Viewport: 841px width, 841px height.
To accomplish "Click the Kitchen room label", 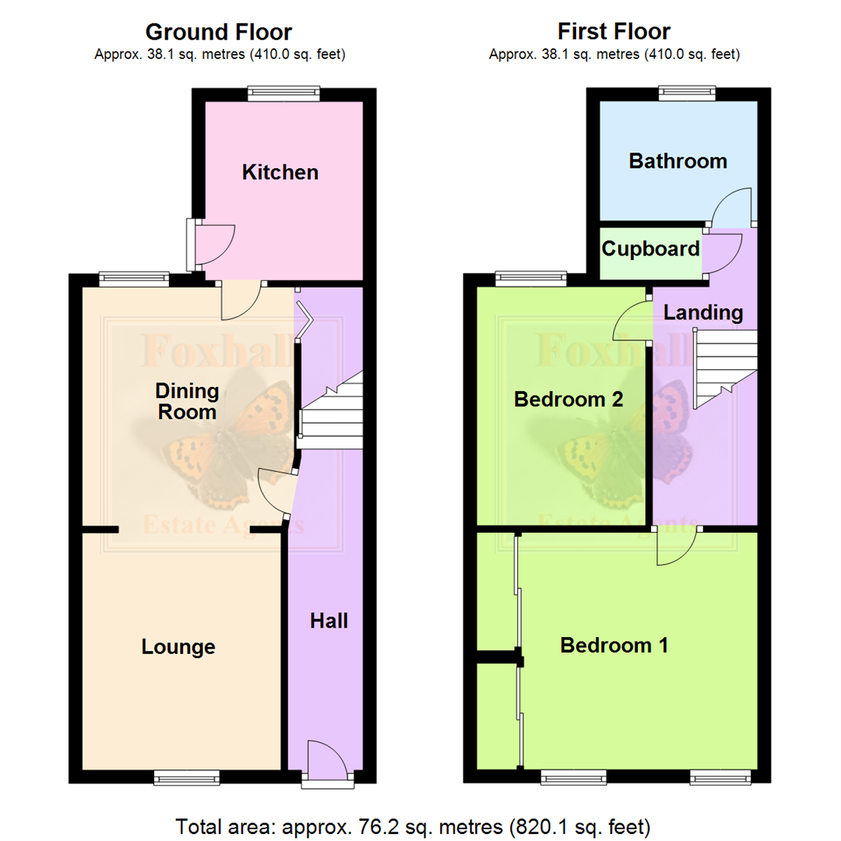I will point(280,172).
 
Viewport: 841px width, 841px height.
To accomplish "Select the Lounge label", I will point(178,647).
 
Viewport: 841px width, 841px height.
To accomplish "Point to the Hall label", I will point(329,621).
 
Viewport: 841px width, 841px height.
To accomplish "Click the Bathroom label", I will point(677,161).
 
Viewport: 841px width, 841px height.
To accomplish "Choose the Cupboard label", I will point(650,249).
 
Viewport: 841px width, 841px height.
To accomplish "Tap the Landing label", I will point(703,313).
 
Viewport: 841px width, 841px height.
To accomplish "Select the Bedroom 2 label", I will point(568,399).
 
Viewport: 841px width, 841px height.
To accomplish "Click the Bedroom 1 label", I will point(614,646).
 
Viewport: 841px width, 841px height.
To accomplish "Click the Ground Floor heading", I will point(219,32).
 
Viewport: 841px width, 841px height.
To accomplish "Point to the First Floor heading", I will point(614,32).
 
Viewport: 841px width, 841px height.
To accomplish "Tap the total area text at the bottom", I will point(413,825).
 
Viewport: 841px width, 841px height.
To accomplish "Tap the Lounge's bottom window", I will point(186,776).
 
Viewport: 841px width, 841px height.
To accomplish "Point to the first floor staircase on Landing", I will point(724,366).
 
